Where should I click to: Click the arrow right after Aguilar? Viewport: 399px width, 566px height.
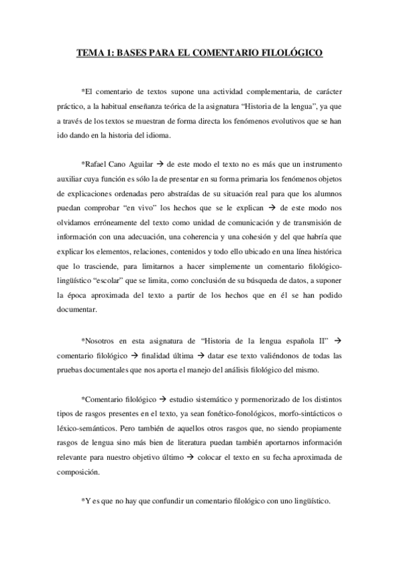coord(160,164)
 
